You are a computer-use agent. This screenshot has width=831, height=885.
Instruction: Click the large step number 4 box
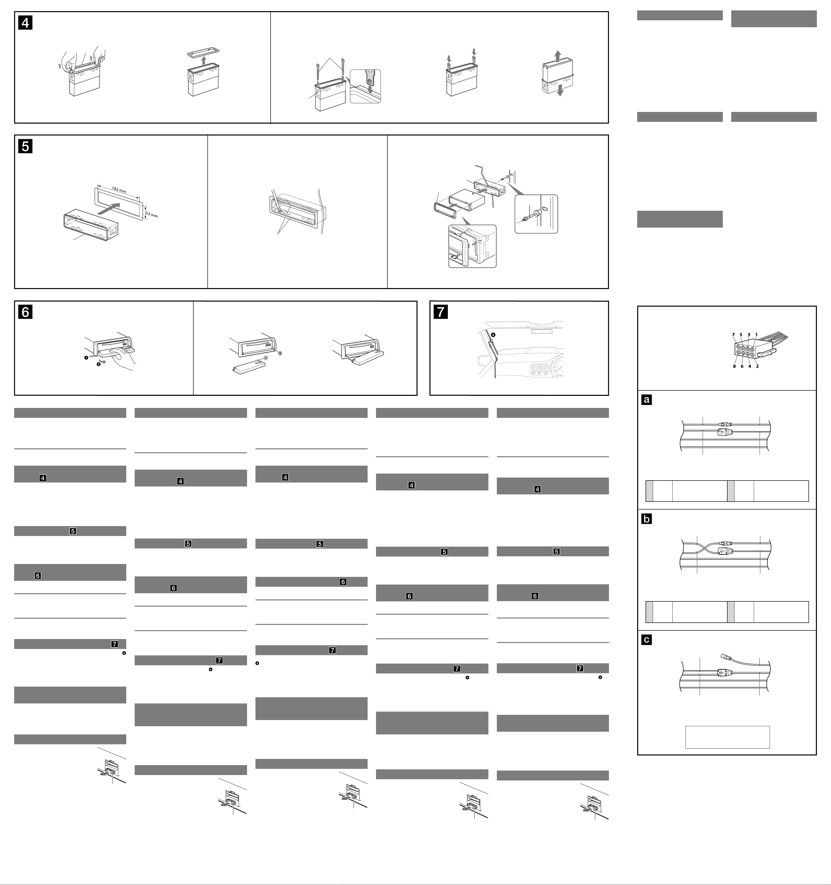pyautogui.click(x=25, y=23)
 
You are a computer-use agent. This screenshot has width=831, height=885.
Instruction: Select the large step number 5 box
pyautogui.click(x=25, y=146)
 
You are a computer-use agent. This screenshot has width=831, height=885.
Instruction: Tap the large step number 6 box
pyautogui.click(x=25, y=312)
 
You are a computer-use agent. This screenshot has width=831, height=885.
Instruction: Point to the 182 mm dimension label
pyautogui.click(x=119, y=190)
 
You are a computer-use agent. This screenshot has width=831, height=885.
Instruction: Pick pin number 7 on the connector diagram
pyautogui.click(x=733, y=335)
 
